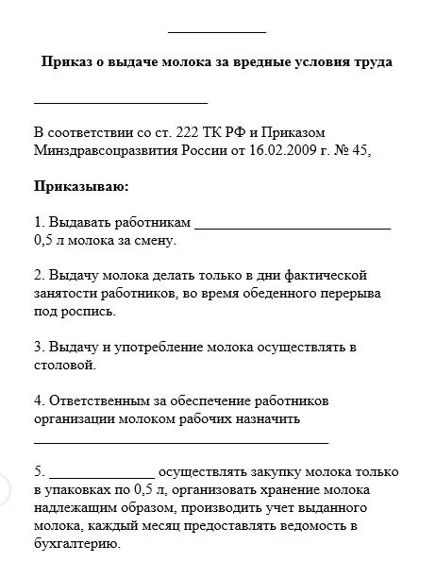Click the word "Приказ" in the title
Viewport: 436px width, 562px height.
pos(66,61)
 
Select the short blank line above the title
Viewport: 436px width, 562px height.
pos(216,31)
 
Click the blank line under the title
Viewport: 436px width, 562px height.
pos(120,101)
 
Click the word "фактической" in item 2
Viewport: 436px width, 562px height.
pos(327,276)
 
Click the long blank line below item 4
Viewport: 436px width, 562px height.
pos(181,440)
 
